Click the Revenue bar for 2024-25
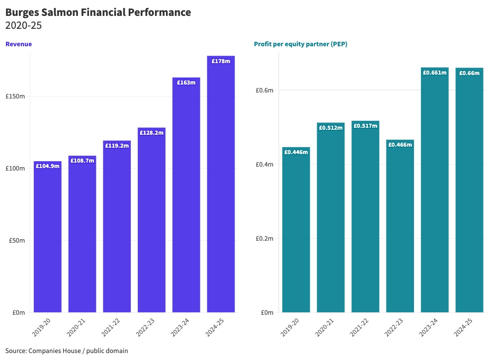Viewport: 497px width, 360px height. point(221,189)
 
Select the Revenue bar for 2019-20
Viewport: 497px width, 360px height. point(47,239)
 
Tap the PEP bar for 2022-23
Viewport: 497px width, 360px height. point(400,229)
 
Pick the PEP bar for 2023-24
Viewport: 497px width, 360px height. point(434,194)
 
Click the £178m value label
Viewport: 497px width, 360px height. point(221,61)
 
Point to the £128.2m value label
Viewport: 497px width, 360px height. point(152,133)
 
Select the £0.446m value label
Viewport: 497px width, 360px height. point(296,152)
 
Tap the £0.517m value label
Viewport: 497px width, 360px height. point(365,126)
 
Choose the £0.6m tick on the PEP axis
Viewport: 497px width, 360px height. point(264,90)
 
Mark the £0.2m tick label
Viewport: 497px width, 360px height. point(264,239)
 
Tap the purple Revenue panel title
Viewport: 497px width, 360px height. point(18,44)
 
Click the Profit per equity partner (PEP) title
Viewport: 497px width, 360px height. point(300,44)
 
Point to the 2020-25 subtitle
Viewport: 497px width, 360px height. point(23,26)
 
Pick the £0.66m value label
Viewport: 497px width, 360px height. point(469,73)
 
